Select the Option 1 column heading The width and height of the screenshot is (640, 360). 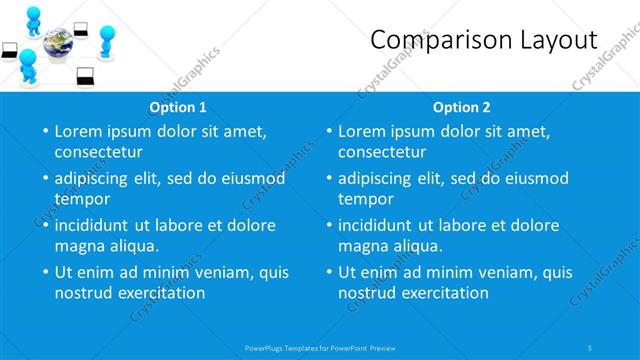178,107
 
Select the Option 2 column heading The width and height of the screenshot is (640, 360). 462,107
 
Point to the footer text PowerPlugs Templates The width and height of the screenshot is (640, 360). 290,347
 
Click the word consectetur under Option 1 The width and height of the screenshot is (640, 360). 98,152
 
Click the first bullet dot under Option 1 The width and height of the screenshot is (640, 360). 44,132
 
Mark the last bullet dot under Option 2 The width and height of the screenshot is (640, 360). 328,273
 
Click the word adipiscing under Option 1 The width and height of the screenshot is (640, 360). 95,178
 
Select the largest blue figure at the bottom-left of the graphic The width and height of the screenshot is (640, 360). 29,68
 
